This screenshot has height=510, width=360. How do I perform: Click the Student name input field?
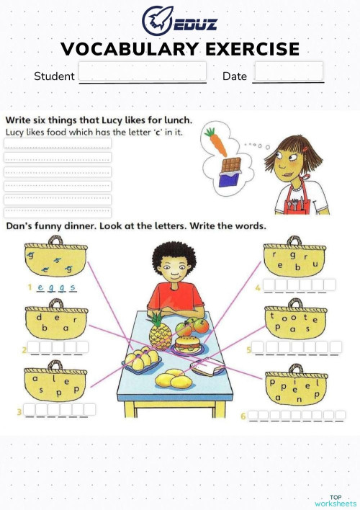click(x=143, y=72)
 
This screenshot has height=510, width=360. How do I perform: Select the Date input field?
click(x=289, y=71)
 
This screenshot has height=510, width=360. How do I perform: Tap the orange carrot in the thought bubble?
click(x=215, y=141)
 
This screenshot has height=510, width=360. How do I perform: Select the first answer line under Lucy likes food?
click(x=58, y=143)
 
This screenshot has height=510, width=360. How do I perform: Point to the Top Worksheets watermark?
click(x=335, y=500)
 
